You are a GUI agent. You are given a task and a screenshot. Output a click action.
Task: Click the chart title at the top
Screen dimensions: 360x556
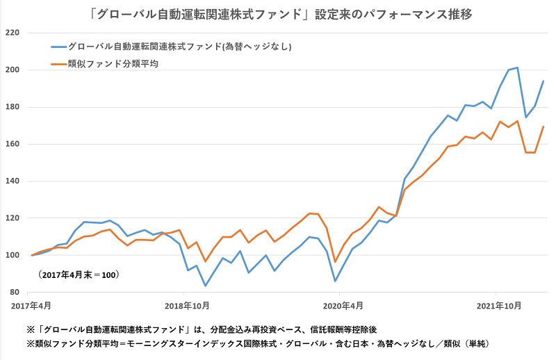pos(279,12)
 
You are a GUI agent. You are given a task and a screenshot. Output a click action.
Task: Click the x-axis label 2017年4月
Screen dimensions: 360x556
pos(31,305)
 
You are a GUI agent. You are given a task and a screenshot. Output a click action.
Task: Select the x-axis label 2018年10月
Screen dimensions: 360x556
pos(187,305)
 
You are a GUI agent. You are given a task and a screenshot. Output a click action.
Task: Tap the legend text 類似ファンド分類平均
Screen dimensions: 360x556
pos(108,64)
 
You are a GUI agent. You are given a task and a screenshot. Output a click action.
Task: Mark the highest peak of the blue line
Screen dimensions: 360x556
pos(517,67)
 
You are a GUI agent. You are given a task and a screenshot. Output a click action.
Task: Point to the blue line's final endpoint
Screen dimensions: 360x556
pos(543,81)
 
